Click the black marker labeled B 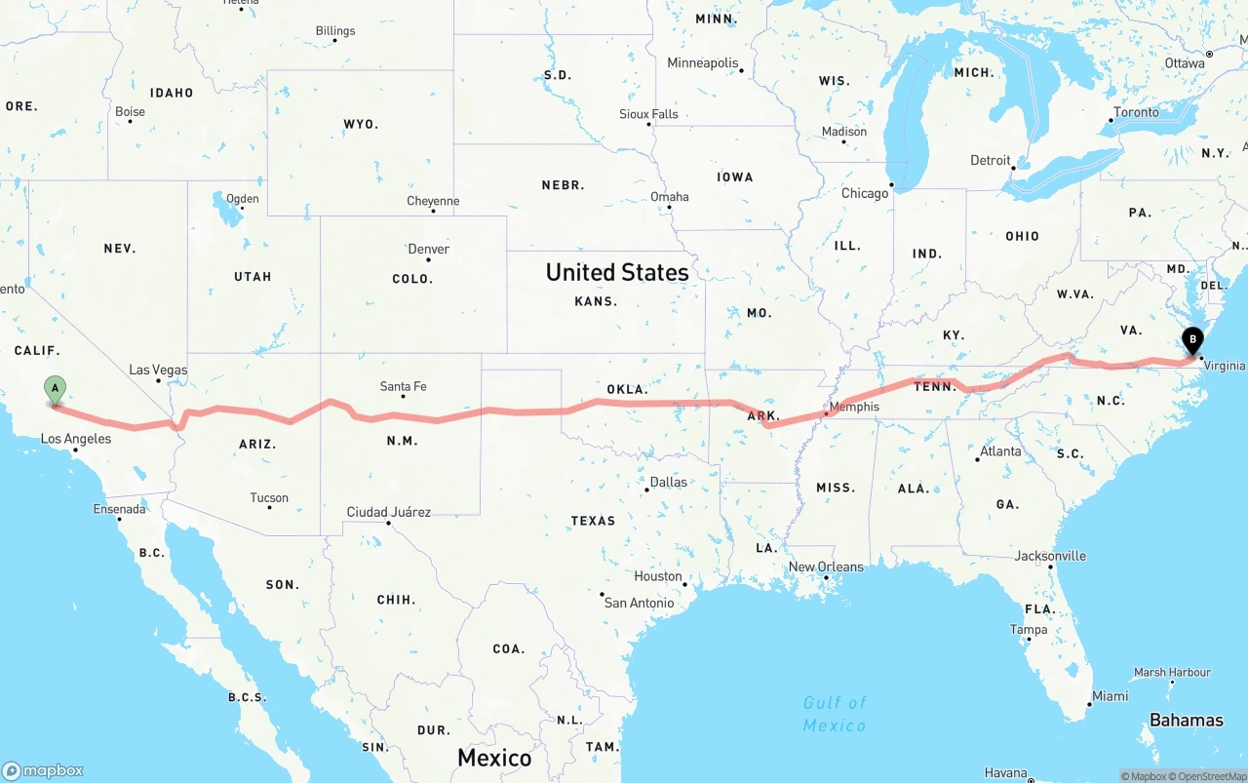pyautogui.click(x=1191, y=341)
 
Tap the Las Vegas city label pyautogui.click(x=158, y=370)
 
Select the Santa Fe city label pyautogui.click(x=403, y=387)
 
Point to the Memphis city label pyautogui.click(x=853, y=407)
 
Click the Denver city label pyautogui.click(x=429, y=250)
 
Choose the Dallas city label pyautogui.click(x=668, y=482)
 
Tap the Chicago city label pyautogui.click(x=865, y=193)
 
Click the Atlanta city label pyautogui.click(x=1000, y=451)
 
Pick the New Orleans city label pyautogui.click(x=826, y=567)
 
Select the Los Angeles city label pyautogui.click(x=76, y=439)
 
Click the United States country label pyautogui.click(x=617, y=272)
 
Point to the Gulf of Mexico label pyautogui.click(x=835, y=714)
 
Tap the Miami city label pyautogui.click(x=1111, y=696)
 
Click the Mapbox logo pyautogui.click(x=43, y=770)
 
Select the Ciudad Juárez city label pyautogui.click(x=389, y=512)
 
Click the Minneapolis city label pyautogui.click(x=703, y=63)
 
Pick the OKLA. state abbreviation pyautogui.click(x=628, y=389)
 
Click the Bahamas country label pyautogui.click(x=1186, y=721)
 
